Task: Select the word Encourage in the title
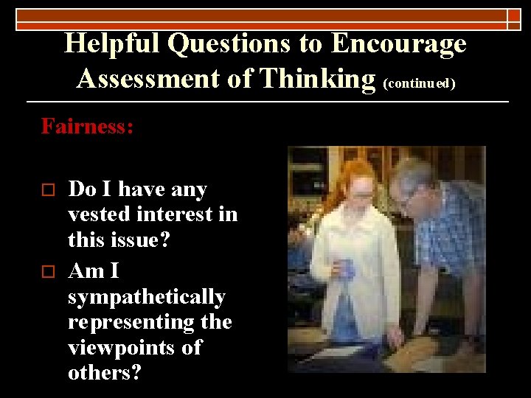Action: pos(398,43)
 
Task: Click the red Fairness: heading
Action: pos(88,126)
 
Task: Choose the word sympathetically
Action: pos(147,297)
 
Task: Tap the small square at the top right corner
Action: pos(514,19)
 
